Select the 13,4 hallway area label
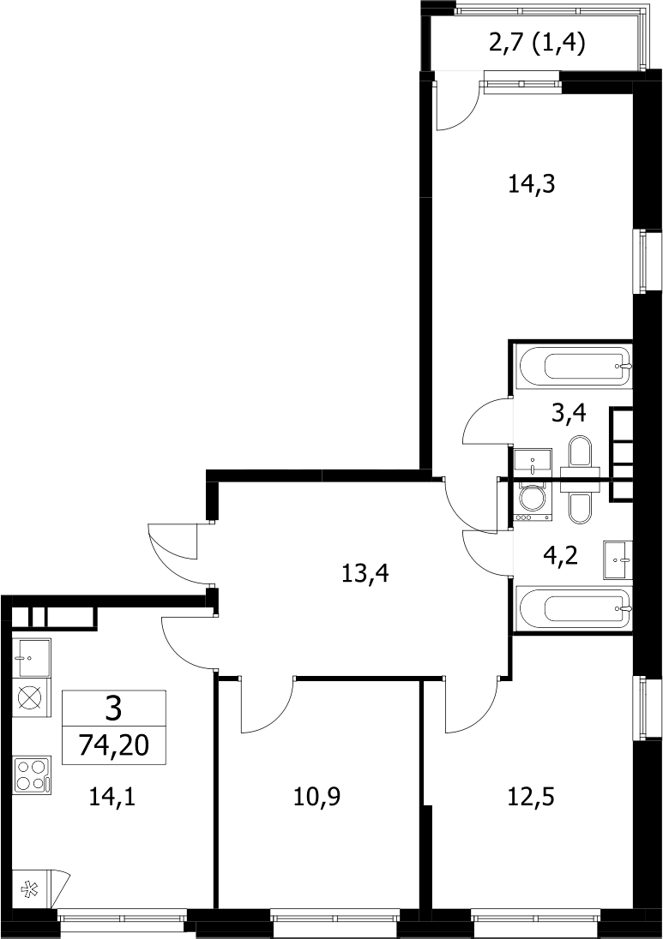click(x=365, y=574)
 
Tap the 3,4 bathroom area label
click(x=569, y=413)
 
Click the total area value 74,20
click(x=113, y=746)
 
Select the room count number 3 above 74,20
click(x=113, y=709)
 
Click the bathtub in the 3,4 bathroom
click(x=575, y=366)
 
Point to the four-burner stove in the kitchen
click(x=32, y=775)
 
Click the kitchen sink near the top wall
click(x=32, y=657)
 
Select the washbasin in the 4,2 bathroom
click(x=618, y=560)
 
